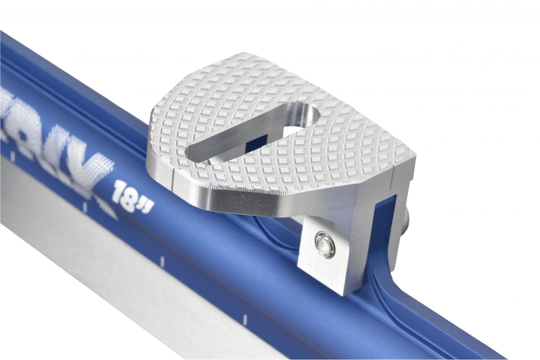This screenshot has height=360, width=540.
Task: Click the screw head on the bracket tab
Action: (x=325, y=244)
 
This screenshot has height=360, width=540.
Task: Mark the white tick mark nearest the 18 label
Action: (x=85, y=207)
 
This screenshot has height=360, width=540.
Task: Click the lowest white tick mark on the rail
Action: (x=244, y=318)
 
